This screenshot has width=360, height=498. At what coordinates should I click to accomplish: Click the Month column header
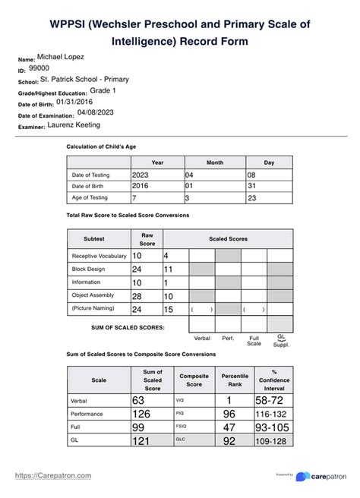pos(215,162)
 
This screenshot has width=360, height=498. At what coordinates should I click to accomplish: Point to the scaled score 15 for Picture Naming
pos(169,309)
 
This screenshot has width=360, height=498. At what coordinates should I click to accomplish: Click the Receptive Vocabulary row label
pos(99,256)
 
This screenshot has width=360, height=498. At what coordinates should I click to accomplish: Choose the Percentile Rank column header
pos(229,380)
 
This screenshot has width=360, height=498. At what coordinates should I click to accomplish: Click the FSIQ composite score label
pos(181,429)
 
